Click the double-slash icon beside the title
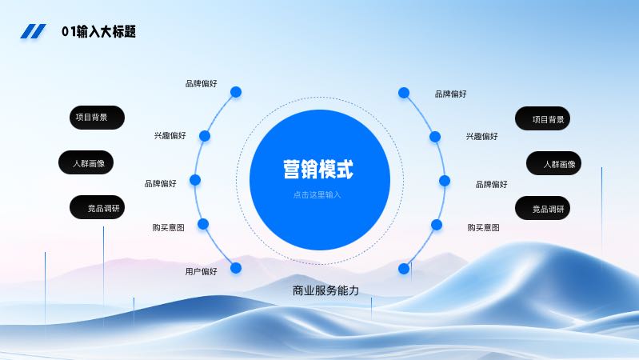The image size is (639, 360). (33, 31)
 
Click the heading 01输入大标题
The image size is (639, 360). (98, 31)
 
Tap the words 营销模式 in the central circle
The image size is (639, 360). (318, 169)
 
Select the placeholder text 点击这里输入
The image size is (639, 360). (317, 195)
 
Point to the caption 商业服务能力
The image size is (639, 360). (325, 290)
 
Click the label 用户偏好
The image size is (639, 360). (202, 271)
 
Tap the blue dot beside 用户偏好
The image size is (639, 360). (236, 268)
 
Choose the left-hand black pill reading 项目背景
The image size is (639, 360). (97, 118)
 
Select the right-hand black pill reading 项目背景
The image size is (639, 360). (542, 118)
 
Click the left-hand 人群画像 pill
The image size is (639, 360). (86, 162)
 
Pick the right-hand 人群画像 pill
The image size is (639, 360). (554, 163)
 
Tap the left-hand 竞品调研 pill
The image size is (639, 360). (97, 207)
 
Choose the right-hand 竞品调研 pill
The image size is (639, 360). (542, 208)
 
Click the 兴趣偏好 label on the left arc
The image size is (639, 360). (170, 135)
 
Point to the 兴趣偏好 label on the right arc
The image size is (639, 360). (482, 136)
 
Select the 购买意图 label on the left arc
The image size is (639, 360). (168, 227)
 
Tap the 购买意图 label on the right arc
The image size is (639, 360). (483, 227)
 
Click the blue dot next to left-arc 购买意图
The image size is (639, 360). (203, 224)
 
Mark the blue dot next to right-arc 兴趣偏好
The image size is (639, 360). (435, 137)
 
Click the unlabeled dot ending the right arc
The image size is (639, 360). (404, 269)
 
